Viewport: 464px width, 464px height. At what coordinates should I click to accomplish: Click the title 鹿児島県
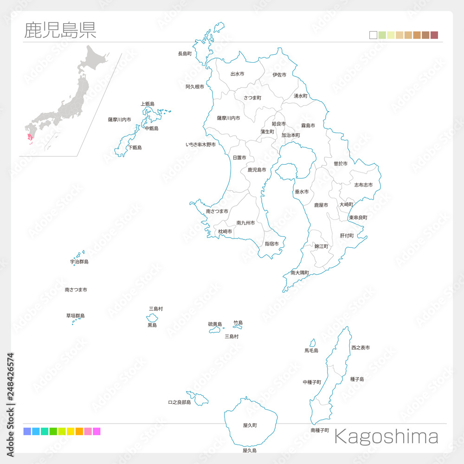tap(60, 30)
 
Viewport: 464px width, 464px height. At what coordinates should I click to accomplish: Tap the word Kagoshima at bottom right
tap(386, 437)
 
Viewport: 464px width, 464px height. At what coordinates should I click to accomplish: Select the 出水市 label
tap(238, 74)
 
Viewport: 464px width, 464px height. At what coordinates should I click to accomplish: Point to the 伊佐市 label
tap(279, 75)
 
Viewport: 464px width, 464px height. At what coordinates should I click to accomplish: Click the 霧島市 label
tap(308, 126)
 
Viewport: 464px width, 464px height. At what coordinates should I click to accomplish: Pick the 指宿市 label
tap(272, 244)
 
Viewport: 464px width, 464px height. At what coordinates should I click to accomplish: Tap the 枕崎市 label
tap(225, 232)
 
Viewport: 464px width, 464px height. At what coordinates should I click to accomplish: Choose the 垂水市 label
tap(302, 192)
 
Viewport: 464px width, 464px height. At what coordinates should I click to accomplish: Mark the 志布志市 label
tap(364, 185)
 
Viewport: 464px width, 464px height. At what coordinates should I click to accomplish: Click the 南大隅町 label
tap(300, 273)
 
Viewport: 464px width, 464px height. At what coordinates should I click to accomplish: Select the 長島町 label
tap(185, 54)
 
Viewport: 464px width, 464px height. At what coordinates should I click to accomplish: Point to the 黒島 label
tap(152, 325)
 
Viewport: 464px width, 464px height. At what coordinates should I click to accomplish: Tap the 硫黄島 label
tap(215, 324)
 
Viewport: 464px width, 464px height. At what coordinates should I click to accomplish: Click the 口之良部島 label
tap(180, 402)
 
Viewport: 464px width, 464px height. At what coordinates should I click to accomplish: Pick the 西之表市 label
tap(361, 348)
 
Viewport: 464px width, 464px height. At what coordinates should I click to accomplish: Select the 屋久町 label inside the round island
tap(250, 425)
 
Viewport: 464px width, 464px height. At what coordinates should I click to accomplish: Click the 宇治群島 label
tap(79, 262)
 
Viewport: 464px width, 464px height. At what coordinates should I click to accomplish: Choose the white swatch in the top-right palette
tap(373, 35)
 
